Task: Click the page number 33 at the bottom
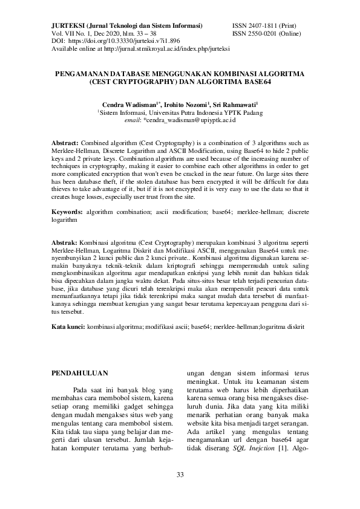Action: click(180, 473)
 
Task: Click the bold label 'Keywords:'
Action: click(67, 212)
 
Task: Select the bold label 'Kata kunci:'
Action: click(68, 326)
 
